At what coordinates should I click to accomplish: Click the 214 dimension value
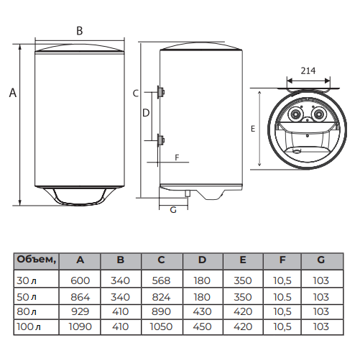308,70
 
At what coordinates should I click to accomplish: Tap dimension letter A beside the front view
13,93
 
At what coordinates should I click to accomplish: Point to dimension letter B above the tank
80,31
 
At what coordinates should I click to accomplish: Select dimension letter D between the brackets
146,113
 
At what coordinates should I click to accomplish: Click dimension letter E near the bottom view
253,129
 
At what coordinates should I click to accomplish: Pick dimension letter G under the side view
173,210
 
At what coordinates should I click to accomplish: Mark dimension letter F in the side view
177,157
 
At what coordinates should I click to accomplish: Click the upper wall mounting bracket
160,92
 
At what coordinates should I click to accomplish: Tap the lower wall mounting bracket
160,140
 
